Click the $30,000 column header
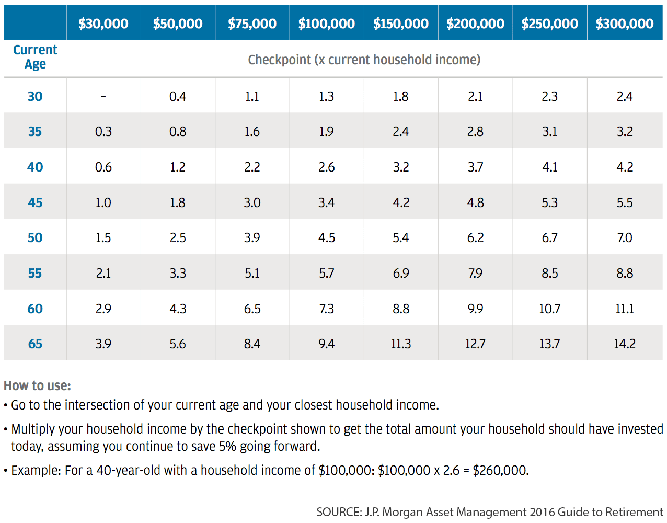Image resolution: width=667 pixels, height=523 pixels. click(x=103, y=24)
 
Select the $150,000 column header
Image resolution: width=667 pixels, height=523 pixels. click(x=401, y=24)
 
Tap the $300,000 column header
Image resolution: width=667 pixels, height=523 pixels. click(x=625, y=24)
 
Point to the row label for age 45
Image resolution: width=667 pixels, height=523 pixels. click(x=35, y=202)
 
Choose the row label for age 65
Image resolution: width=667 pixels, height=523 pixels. click(x=35, y=344)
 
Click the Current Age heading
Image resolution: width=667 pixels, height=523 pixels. click(x=35, y=57)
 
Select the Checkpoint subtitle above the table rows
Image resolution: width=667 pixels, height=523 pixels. click(x=364, y=60)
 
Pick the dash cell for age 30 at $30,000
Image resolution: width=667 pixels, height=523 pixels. click(x=103, y=96)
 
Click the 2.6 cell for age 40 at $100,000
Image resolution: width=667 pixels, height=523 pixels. click(x=327, y=167)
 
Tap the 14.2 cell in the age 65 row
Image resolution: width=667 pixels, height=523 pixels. click(x=625, y=344)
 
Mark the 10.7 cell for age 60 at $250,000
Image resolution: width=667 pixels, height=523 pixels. click(x=550, y=309)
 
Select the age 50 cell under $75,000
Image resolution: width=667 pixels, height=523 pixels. click(x=252, y=237)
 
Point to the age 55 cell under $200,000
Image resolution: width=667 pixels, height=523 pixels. click(x=475, y=273)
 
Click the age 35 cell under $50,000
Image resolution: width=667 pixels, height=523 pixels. click(x=178, y=131)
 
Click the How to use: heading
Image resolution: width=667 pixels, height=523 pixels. click(x=37, y=385)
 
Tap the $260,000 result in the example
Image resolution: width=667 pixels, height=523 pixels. click(x=500, y=470)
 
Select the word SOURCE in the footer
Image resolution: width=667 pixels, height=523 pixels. click(x=338, y=512)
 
